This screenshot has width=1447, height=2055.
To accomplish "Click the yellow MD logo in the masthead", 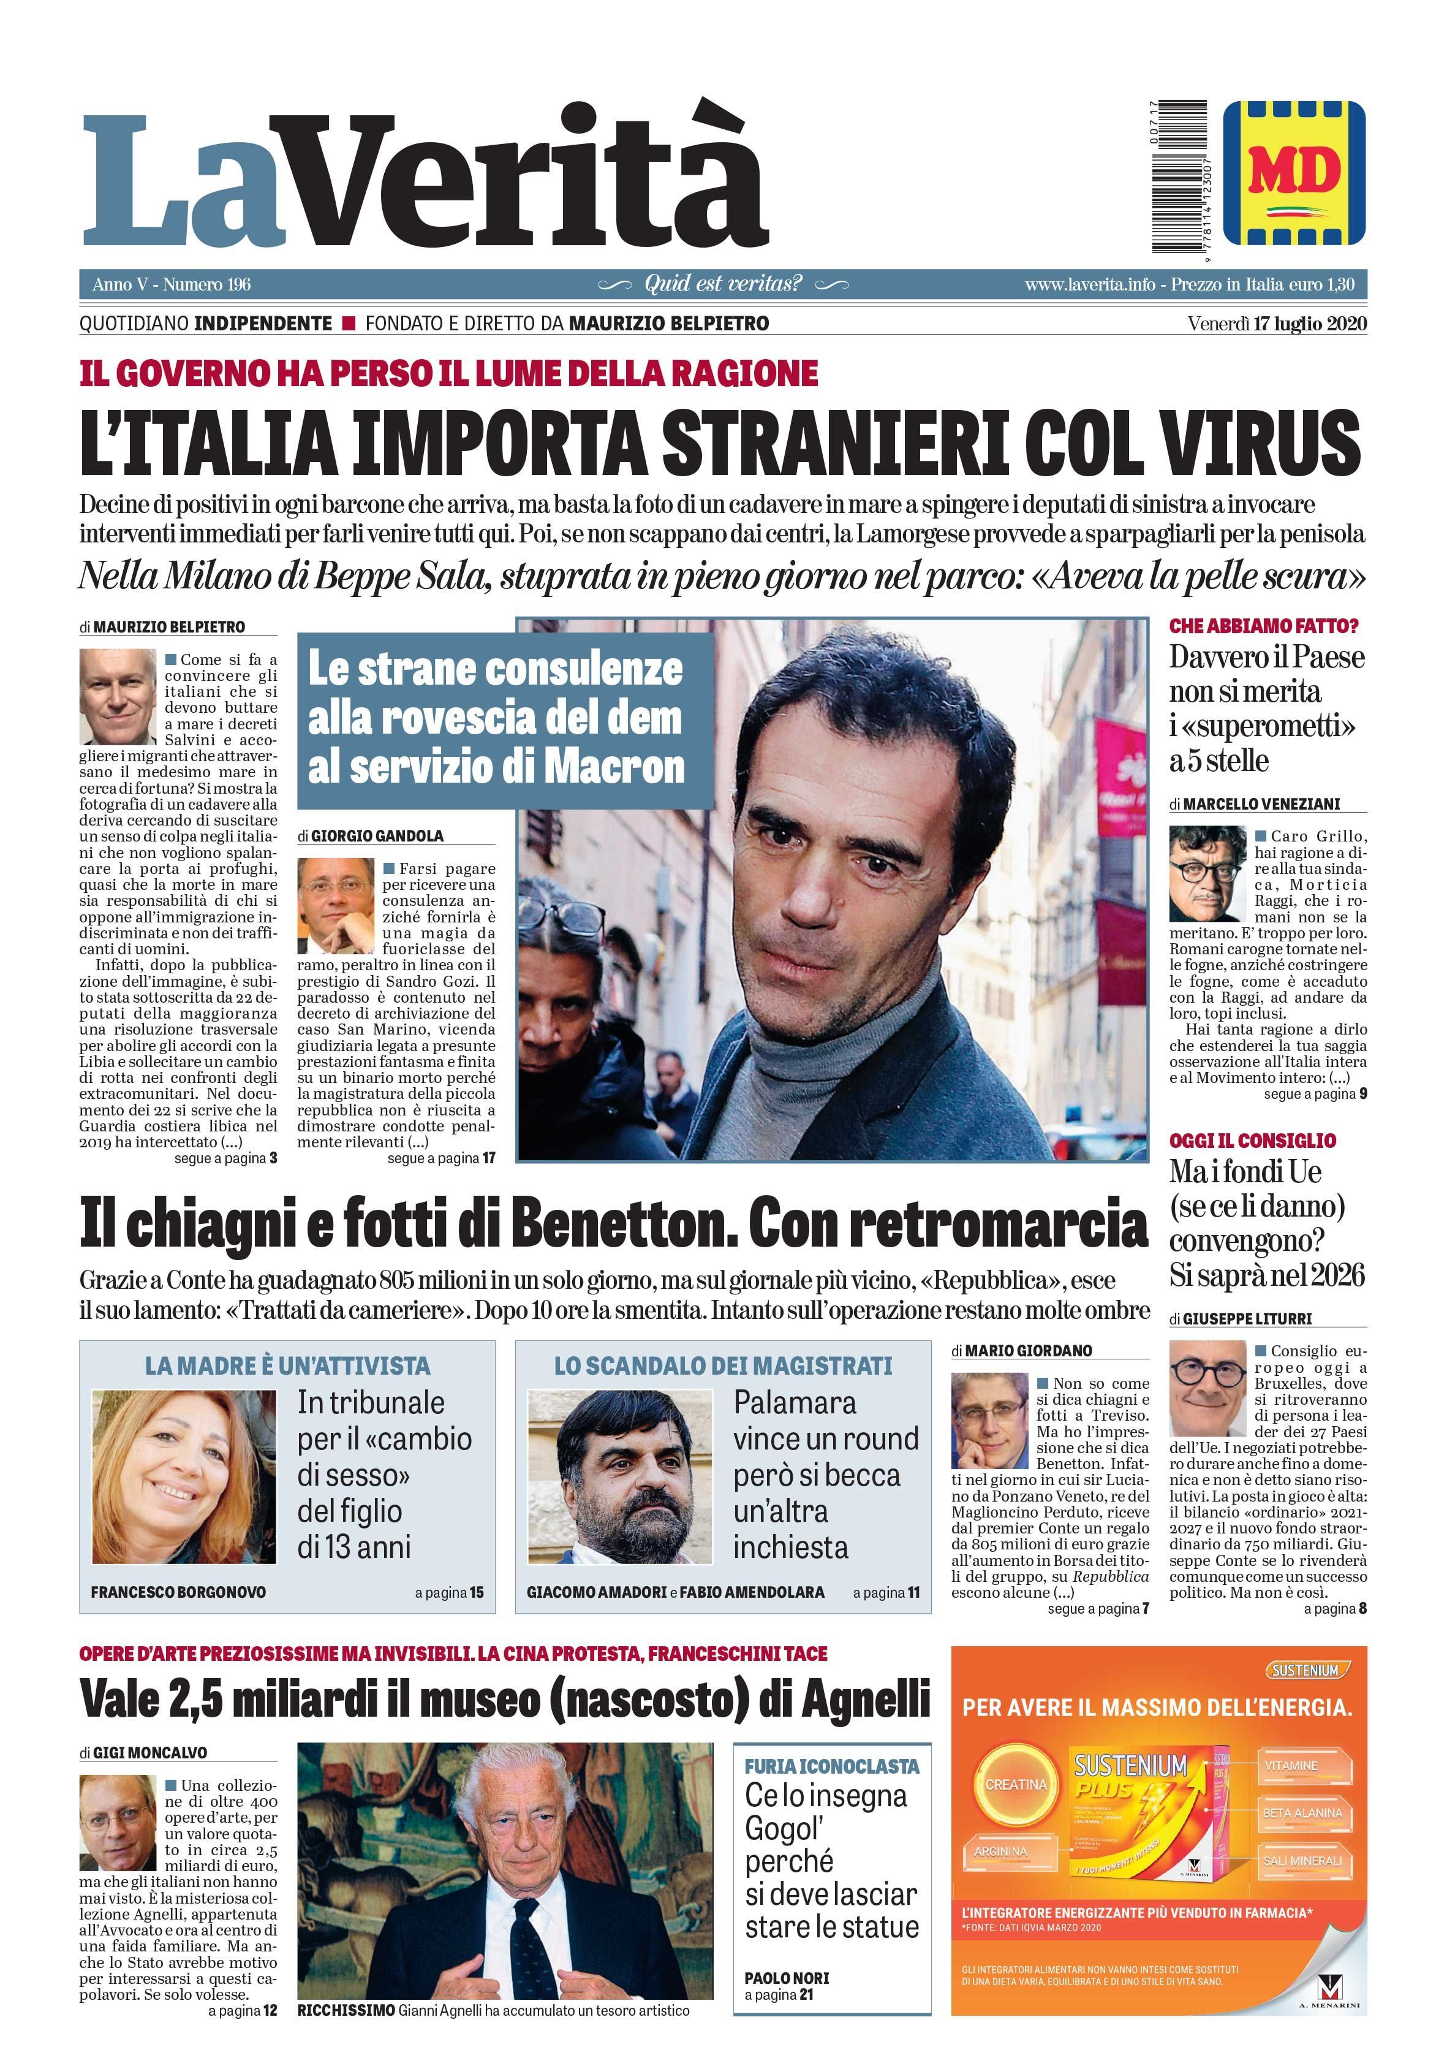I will click(1293, 173).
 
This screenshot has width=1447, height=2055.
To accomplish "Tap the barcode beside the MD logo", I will click(1179, 177).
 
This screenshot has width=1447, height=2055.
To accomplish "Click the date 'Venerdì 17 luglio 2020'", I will click(1277, 323).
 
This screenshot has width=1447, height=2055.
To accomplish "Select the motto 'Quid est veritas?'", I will click(723, 284).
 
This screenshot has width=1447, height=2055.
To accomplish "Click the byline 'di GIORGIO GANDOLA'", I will click(371, 836).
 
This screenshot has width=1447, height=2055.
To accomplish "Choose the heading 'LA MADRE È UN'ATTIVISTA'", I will click(287, 1366).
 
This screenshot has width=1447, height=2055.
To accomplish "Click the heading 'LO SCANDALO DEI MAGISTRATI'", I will click(723, 1366).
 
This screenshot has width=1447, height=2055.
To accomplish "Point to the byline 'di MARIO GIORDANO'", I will click(1022, 1351).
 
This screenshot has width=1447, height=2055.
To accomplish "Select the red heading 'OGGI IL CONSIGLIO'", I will click(1252, 1141).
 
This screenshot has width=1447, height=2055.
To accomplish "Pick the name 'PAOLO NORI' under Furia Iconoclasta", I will click(787, 1978).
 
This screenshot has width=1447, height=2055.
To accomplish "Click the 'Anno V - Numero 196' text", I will click(172, 284).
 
